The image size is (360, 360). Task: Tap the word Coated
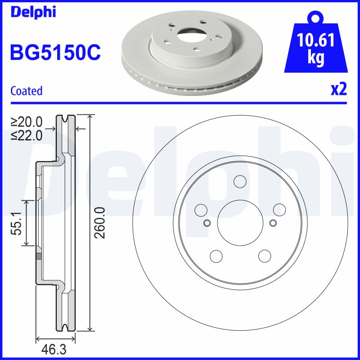[27, 91]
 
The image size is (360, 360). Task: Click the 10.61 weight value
[316, 41]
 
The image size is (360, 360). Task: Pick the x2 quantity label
[338, 90]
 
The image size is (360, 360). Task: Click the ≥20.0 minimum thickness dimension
[27, 122]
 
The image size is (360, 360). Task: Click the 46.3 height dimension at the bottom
[54, 349]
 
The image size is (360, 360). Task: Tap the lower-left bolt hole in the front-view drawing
[216, 256]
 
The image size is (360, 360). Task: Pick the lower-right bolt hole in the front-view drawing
[265, 256]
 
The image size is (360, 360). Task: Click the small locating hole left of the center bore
[207, 223]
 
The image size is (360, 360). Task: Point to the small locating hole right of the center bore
[273, 223]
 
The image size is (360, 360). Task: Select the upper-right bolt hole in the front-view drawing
[279, 210]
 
